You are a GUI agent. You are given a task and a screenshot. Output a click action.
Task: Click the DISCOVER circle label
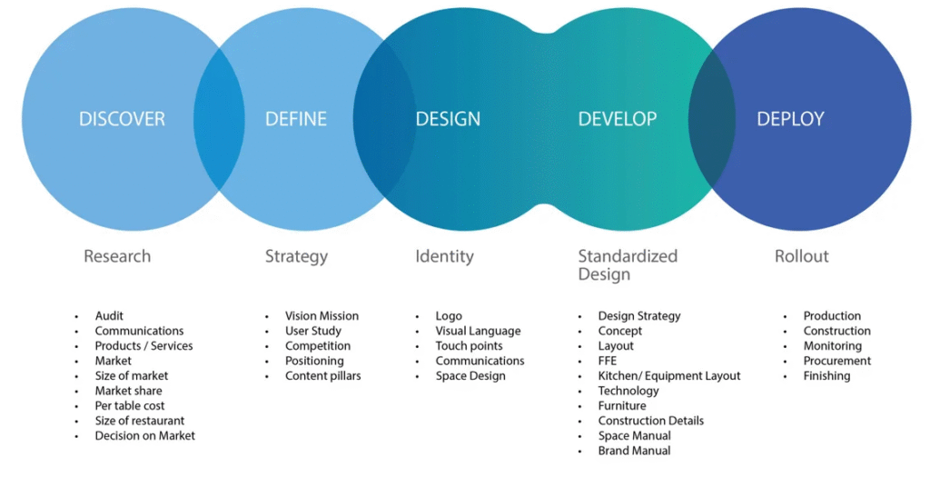(x=122, y=119)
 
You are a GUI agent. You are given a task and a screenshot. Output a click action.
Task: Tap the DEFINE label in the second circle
(x=296, y=119)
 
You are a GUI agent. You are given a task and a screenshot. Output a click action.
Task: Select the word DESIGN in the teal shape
(x=448, y=119)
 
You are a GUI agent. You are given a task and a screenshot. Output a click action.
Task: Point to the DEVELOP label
(x=618, y=119)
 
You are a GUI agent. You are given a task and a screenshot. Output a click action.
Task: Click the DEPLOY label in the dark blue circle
(x=790, y=119)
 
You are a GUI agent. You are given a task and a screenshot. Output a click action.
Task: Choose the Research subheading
(x=117, y=256)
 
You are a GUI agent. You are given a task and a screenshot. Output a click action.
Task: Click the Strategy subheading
(x=296, y=256)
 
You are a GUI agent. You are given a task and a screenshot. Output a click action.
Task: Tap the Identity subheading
(x=444, y=256)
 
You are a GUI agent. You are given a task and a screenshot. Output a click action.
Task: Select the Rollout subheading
(x=801, y=256)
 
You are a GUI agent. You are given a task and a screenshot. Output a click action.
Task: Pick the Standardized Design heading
(x=628, y=264)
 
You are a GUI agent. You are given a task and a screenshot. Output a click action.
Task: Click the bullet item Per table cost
(x=130, y=406)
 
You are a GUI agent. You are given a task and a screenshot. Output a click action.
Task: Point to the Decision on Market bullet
(x=144, y=436)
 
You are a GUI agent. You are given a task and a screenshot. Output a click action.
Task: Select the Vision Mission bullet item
(x=322, y=316)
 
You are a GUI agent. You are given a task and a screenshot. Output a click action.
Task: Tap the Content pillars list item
(x=322, y=376)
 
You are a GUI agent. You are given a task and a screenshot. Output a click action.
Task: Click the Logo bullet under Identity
(x=449, y=316)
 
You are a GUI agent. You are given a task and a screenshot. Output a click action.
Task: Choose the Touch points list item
(x=469, y=346)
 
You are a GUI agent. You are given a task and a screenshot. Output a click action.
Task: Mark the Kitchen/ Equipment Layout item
(x=669, y=376)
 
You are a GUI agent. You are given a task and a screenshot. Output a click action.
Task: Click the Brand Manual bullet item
(x=634, y=451)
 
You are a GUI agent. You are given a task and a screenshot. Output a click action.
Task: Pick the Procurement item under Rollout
(x=836, y=361)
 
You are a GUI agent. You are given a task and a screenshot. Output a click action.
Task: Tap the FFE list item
(x=608, y=361)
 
